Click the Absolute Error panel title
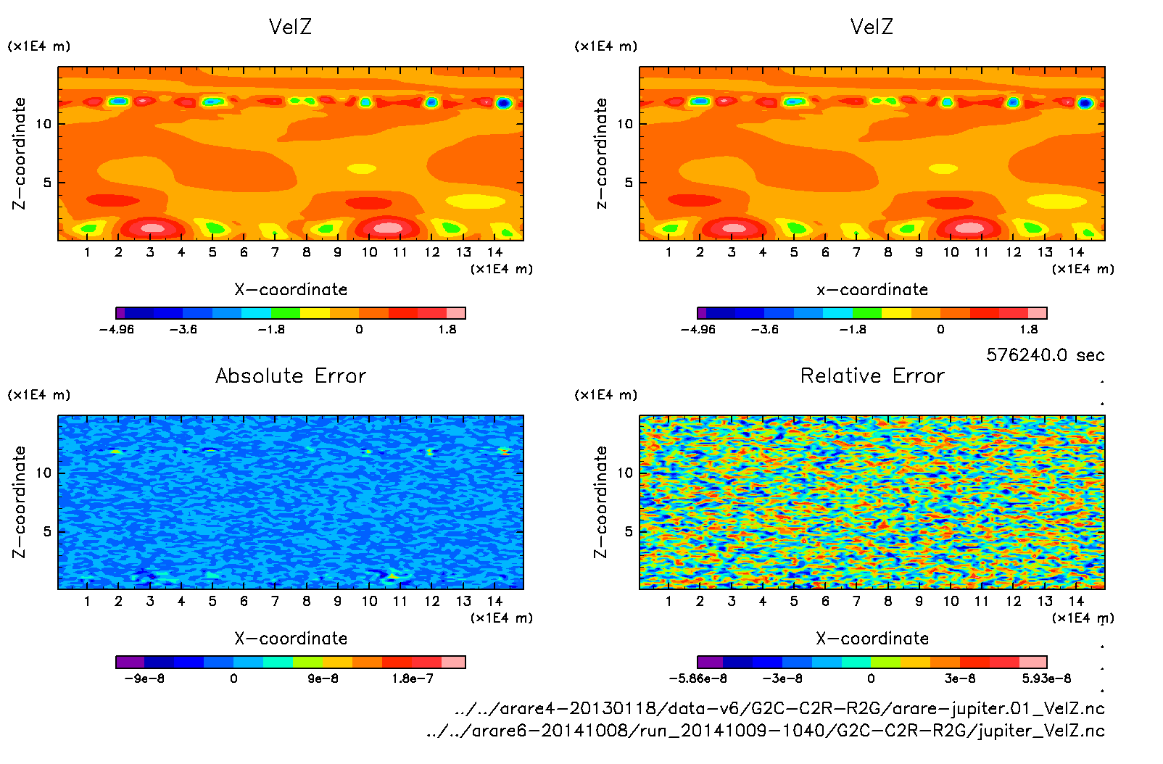[x=291, y=375]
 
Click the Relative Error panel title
[x=872, y=375]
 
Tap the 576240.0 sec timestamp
[x=1045, y=355]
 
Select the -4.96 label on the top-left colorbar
[x=117, y=330]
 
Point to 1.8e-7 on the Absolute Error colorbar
[x=413, y=679]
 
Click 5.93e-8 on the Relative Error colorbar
[x=1046, y=679]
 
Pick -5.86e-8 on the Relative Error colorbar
[x=698, y=679]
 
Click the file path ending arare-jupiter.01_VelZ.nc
[x=779, y=708]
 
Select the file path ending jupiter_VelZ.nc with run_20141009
[x=765, y=731]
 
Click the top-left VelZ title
[x=290, y=27]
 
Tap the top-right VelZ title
[x=872, y=27]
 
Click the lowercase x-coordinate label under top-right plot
[x=872, y=290]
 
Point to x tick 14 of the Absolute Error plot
[x=494, y=601]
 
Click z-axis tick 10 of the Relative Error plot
[x=625, y=473]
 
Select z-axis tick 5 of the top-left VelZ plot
[x=48, y=183]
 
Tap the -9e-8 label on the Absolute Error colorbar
[x=145, y=679]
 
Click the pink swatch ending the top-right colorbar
[x=1038, y=313]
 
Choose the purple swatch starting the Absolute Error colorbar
[x=131, y=662]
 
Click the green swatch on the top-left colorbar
[x=286, y=313]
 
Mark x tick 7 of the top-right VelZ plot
[x=856, y=252]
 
